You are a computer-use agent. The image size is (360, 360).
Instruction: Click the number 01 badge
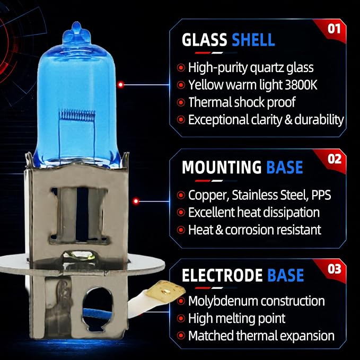point(333,29)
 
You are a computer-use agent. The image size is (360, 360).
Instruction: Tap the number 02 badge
point(335,159)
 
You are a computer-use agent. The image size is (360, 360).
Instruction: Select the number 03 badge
point(335,269)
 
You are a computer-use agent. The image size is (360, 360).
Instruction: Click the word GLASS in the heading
point(204,40)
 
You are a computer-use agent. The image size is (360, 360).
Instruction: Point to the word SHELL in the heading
point(253,40)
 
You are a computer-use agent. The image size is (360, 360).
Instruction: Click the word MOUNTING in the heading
point(222,167)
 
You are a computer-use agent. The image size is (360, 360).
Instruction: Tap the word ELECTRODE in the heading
point(222,275)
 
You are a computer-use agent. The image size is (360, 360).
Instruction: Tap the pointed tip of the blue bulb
point(76,23)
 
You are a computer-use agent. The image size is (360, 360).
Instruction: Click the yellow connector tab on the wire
point(168,291)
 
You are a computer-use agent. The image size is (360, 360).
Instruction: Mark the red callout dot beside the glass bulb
point(120,85)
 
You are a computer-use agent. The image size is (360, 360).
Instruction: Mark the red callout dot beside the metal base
point(136,201)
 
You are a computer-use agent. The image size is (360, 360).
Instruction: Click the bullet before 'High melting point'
point(181,319)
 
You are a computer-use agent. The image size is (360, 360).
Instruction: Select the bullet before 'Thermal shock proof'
point(181,102)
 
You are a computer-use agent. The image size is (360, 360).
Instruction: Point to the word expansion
point(307,336)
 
